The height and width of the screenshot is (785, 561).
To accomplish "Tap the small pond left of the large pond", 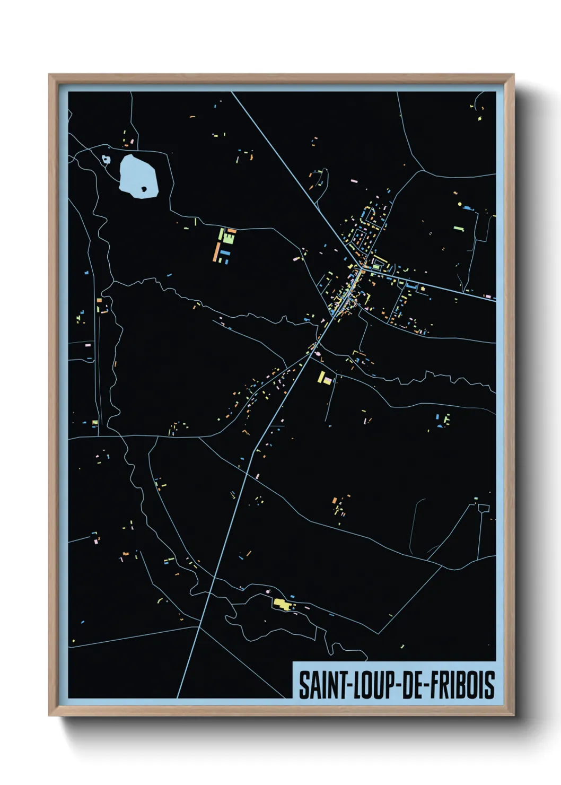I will pos(106,159).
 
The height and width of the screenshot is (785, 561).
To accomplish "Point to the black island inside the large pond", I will pos(144,188).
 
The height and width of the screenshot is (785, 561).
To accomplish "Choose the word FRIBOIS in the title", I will pos(462,685).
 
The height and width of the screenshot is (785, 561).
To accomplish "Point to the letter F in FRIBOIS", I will pos(433,685).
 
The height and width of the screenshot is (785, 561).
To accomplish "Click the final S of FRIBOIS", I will pos(490,685).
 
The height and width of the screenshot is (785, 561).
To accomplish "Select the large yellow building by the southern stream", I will pos(282,603).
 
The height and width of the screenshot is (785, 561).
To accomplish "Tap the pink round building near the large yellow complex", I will pos(267,591).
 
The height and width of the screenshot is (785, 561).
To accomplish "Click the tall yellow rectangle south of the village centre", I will pos(321,377).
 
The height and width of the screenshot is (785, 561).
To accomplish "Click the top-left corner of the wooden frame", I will pos(50,75).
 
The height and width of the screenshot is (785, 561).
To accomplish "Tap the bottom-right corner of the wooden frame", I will pos(513,715).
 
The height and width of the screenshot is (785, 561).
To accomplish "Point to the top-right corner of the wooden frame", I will pos(513,75).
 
